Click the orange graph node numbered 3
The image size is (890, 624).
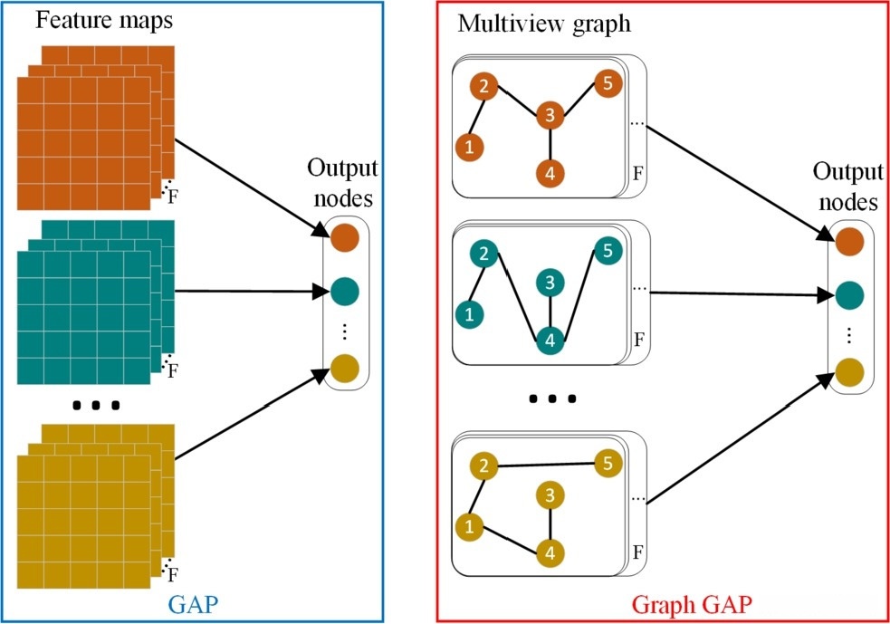tap(550, 115)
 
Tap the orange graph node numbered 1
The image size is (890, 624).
tap(468, 145)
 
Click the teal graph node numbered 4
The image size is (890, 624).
tap(550, 341)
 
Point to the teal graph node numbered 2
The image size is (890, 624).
tap(484, 254)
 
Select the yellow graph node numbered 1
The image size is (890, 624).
tap(468, 524)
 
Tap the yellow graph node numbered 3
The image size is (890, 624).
tap(550, 494)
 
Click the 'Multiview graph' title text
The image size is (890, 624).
tap(543, 24)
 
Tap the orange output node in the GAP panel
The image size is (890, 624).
tap(345, 237)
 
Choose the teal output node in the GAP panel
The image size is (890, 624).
tap(345, 292)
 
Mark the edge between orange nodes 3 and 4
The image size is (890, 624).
tap(550, 143)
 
